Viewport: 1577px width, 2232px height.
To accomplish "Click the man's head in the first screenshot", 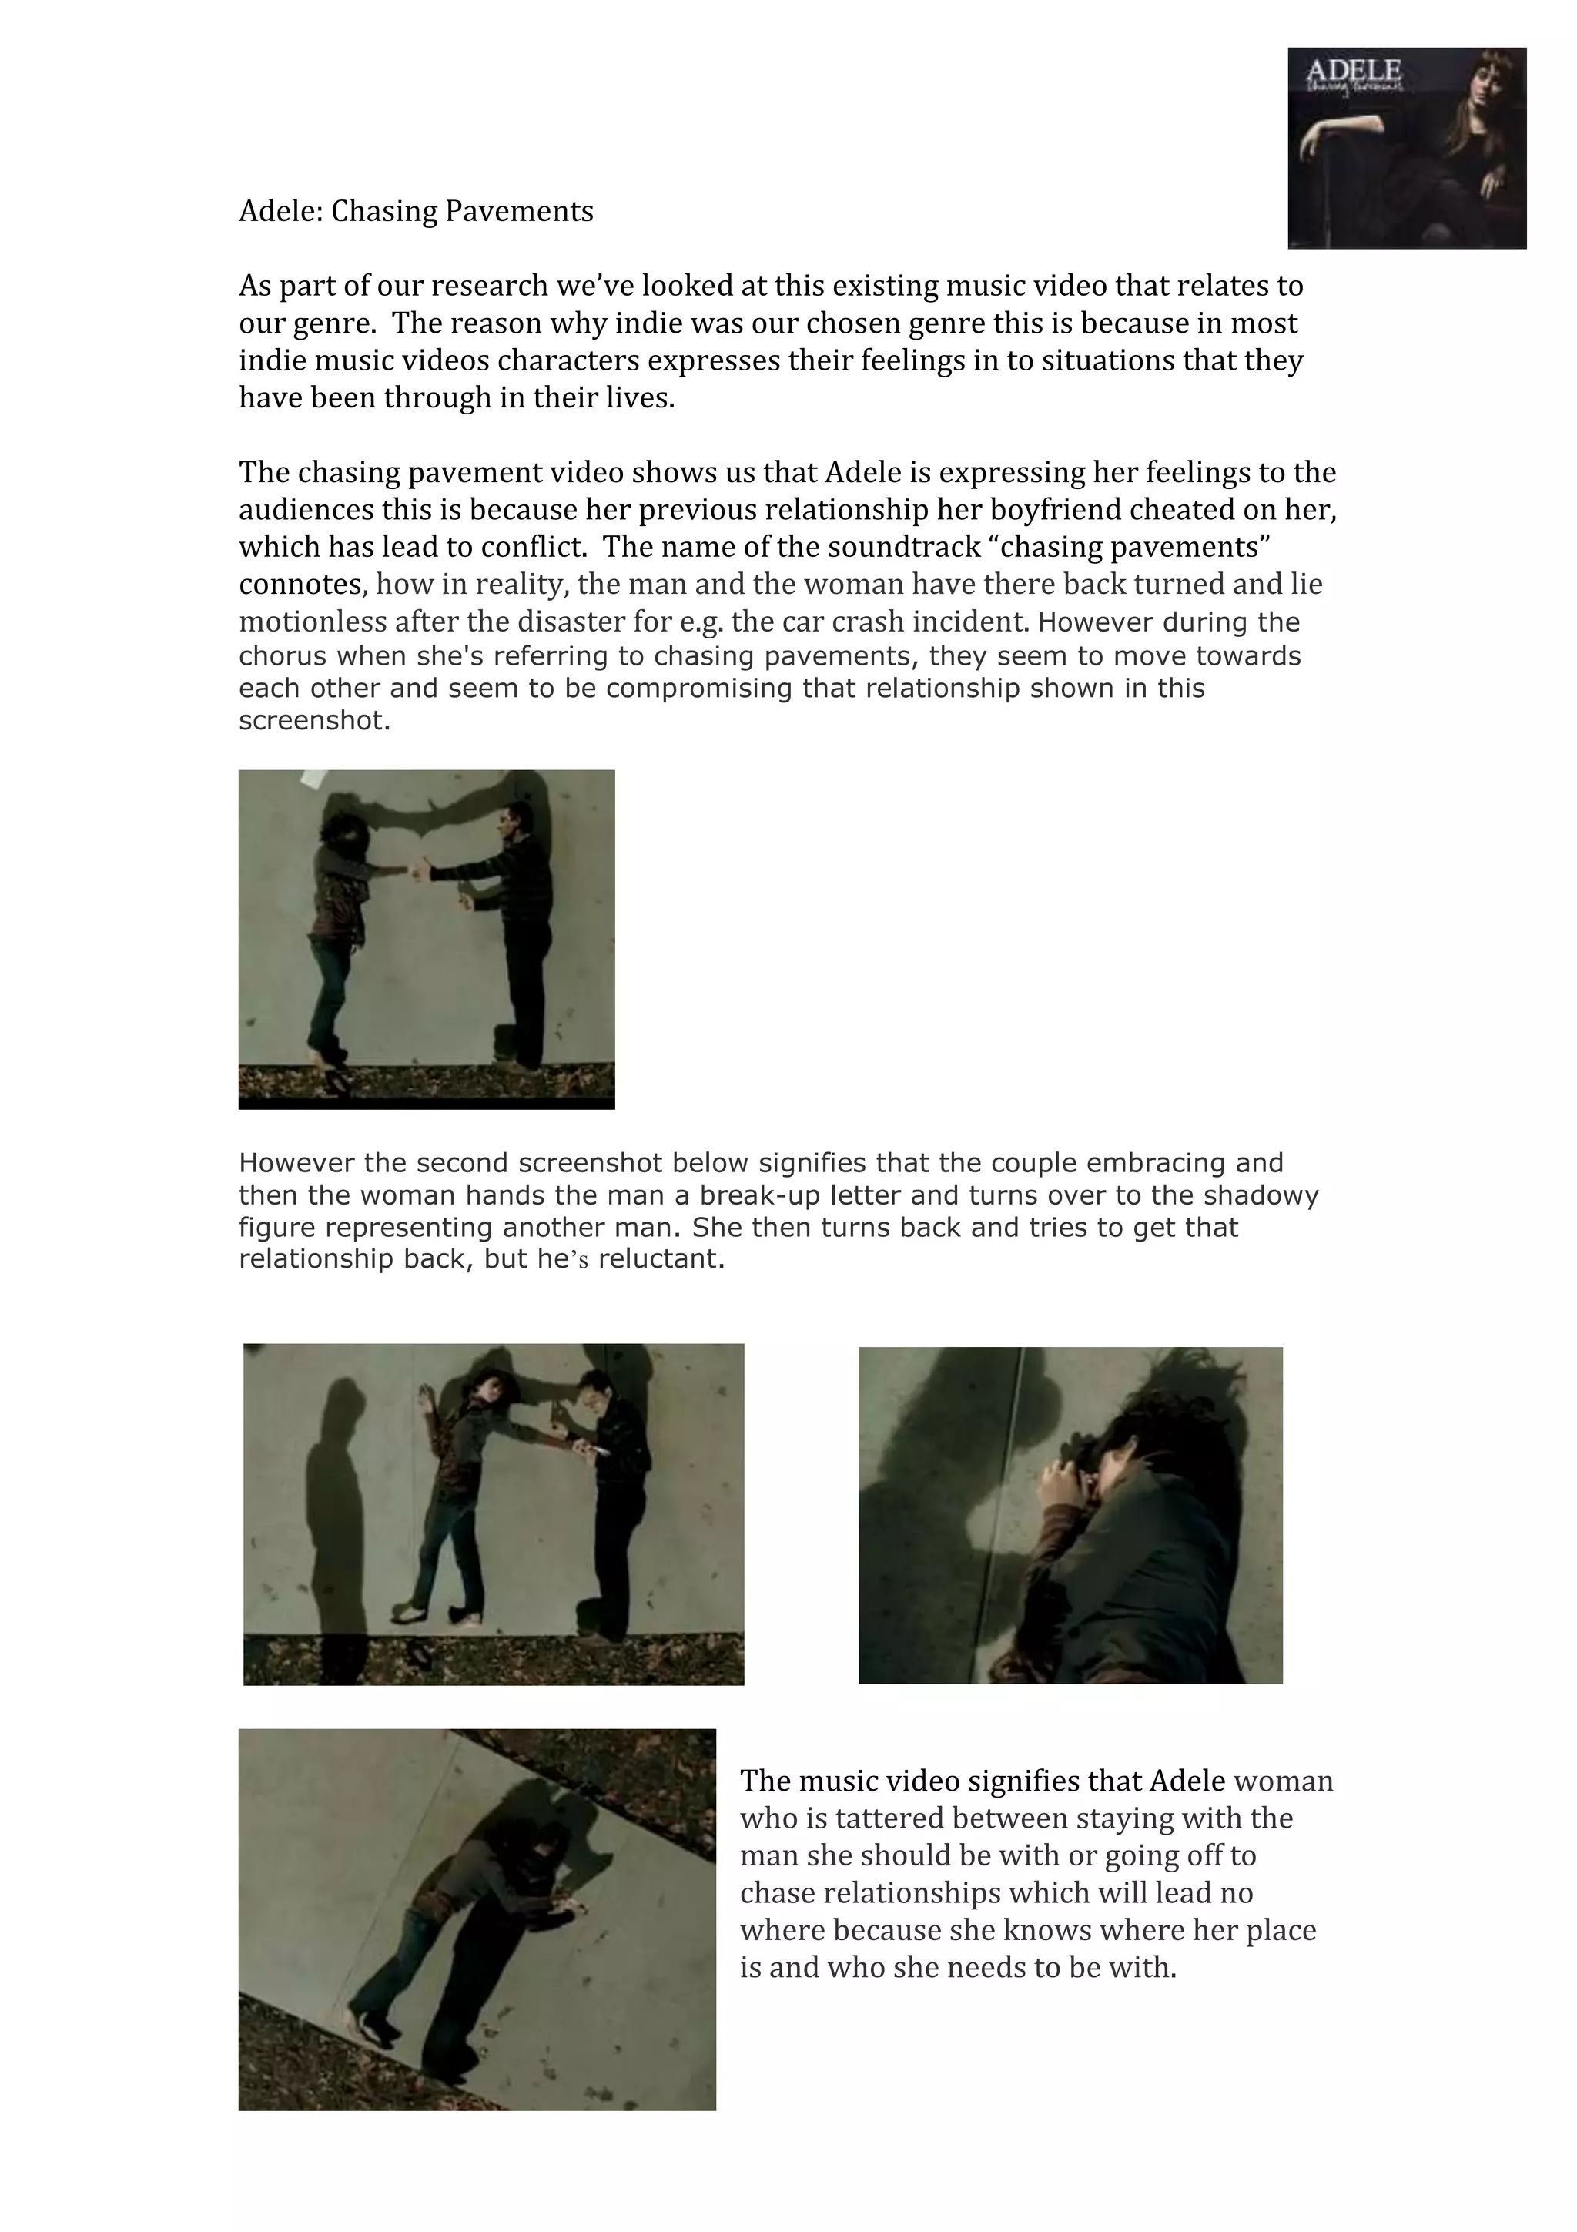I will (x=515, y=823).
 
